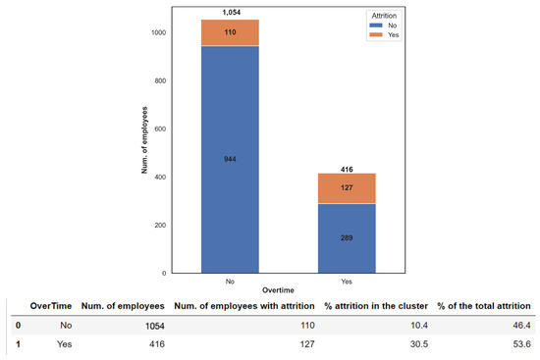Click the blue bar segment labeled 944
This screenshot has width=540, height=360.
tap(229, 157)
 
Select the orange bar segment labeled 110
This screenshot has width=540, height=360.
tap(229, 32)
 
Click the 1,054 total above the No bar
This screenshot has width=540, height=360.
tap(229, 13)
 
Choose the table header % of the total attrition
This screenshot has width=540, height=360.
tap(484, 305)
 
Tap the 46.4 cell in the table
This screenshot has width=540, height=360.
tap(521, 323)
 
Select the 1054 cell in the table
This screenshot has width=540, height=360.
tap(150, 324)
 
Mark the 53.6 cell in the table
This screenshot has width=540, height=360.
tap(521, 344)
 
